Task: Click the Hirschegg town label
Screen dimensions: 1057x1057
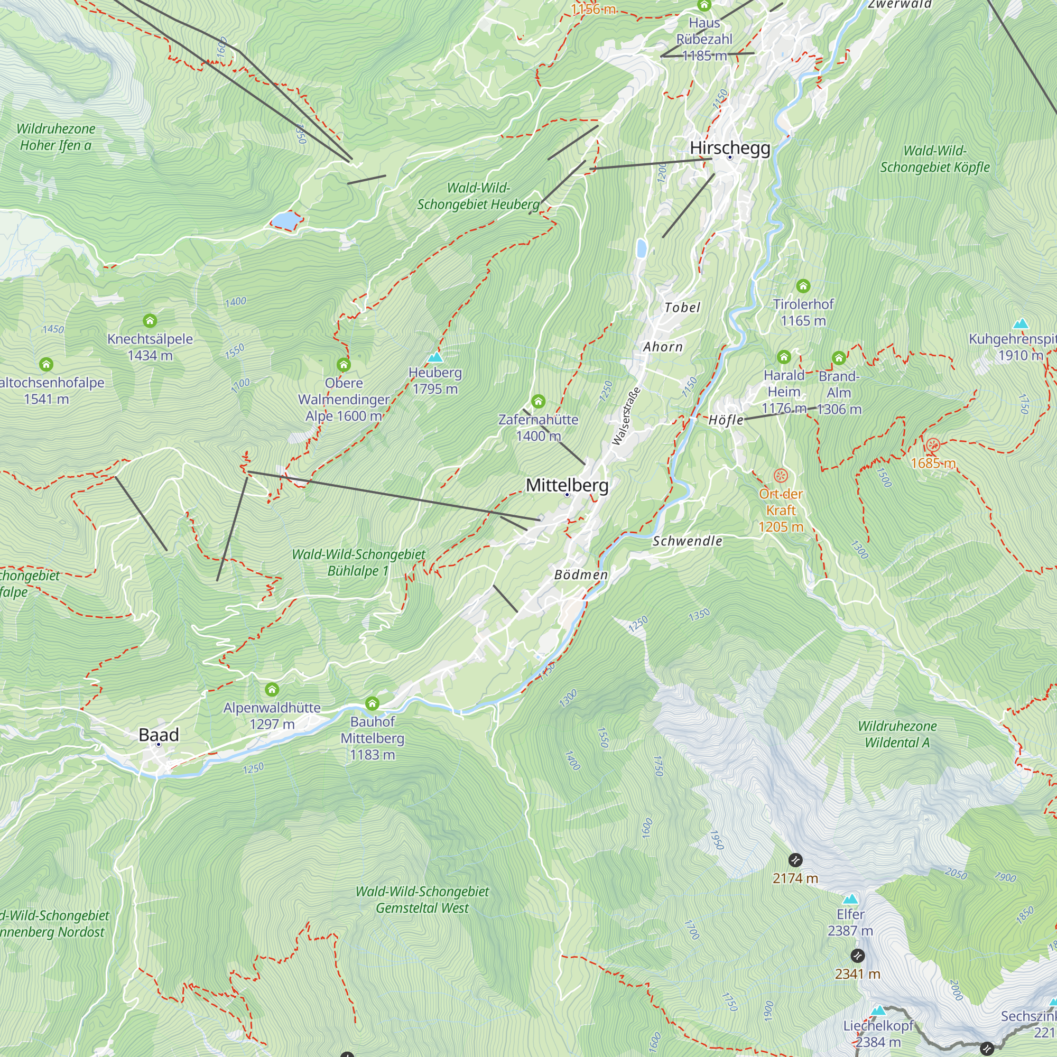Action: point(730,148)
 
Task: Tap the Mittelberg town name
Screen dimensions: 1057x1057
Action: point(567,485)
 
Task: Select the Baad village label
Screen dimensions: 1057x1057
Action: point(159,735)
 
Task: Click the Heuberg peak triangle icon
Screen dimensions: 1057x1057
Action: point(435,358)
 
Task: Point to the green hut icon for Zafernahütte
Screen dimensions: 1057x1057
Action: point(539,402)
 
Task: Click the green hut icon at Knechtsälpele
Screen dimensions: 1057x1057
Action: point(150,321)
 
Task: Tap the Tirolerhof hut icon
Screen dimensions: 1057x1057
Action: point(803,285)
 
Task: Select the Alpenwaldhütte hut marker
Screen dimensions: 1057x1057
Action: point(272,689)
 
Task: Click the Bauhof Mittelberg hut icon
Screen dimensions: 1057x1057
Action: point(372,703)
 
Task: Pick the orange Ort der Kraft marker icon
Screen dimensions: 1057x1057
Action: point(781,476)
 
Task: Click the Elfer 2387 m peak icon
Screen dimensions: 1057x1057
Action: point(850,900)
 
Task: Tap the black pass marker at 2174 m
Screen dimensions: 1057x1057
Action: point(795,860)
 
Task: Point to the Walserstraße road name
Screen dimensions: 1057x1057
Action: point(626,417)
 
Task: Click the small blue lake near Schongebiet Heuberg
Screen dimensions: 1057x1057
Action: point(285,220)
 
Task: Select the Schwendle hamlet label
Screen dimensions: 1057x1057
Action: point(687,541)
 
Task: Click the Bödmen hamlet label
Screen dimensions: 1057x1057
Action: point(581,575)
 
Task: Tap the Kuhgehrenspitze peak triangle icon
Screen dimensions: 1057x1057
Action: point(1021,324)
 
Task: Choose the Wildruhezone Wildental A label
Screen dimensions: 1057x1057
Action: point(897,734)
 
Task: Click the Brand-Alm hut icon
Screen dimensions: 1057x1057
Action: point(839,358)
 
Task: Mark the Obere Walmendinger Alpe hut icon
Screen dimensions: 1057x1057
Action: point(344,364)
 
